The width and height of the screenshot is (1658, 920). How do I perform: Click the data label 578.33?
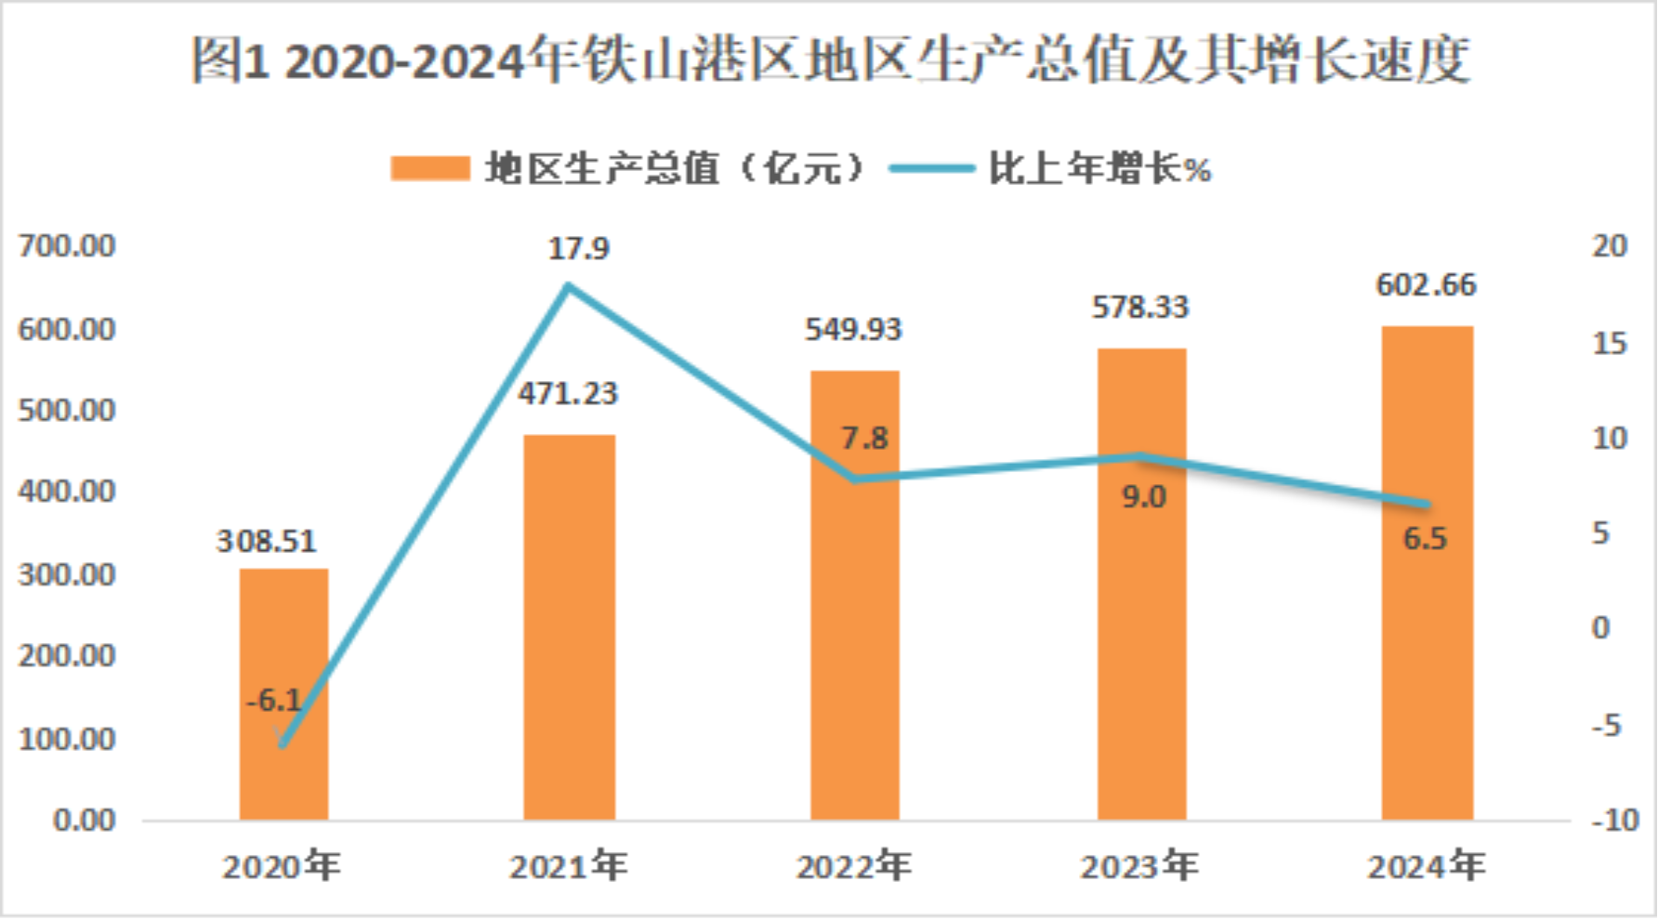coord(1140,307)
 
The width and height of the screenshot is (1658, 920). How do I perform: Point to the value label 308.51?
coord(266,541)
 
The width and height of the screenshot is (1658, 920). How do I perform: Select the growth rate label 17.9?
coord(578,249)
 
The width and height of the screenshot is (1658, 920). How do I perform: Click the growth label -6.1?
coord(274,700)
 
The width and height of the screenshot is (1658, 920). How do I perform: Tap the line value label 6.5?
coord(1425,538)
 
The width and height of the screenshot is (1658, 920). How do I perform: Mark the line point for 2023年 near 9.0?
coord(1140,456)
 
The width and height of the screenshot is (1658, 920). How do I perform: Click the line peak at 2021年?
coord(569,286)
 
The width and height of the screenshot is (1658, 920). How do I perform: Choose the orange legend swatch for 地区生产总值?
coord(429,168)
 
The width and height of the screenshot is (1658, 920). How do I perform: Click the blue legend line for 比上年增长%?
coord(931,168)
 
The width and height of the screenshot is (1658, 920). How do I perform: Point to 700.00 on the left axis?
coord(67,246)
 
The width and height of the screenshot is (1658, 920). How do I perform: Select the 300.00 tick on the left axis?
coord(67,574)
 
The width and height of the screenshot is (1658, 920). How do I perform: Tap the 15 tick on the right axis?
coord(1610,343)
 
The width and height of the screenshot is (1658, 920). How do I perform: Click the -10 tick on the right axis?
coord(1614,820)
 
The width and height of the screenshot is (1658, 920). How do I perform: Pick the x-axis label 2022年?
coord(854,866)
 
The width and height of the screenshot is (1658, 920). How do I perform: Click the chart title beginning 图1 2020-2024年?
coord(829,61)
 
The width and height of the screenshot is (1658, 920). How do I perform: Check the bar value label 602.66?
coord(1426,284)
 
